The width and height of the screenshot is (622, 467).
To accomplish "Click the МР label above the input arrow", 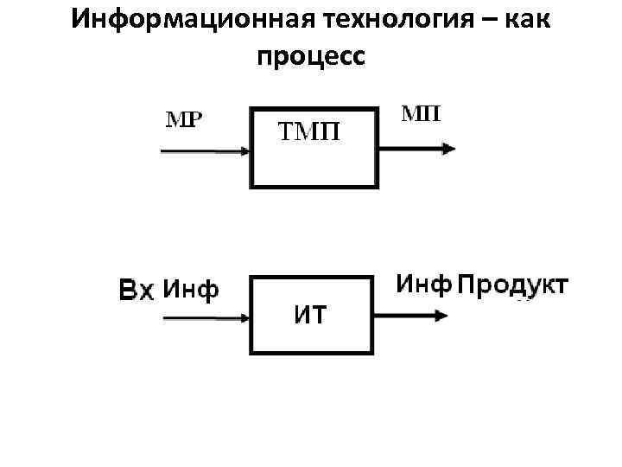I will (183, 118).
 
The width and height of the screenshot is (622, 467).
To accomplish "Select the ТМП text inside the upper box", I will (308, 132).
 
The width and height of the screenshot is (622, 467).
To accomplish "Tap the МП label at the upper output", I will (421, 114).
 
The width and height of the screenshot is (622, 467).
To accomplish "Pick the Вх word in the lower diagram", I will (136, 291).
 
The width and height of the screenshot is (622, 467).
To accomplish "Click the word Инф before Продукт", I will (424, 284).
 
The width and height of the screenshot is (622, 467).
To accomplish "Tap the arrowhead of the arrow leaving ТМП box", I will (447, 150).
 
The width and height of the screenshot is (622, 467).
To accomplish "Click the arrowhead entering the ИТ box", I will (243, 318).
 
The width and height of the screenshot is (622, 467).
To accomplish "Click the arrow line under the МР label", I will (199, 150).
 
